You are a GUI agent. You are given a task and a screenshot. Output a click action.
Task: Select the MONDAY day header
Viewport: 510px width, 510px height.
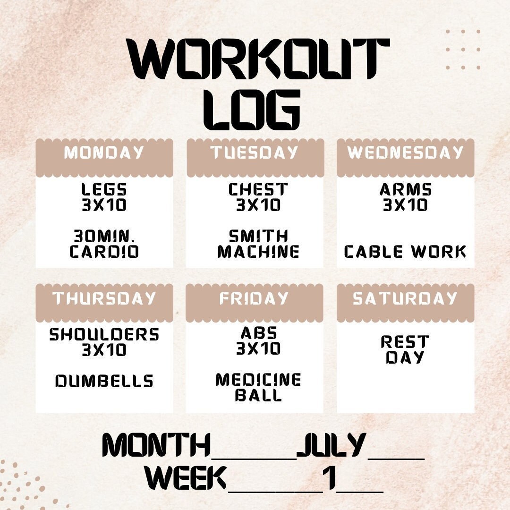(x=104, y=153)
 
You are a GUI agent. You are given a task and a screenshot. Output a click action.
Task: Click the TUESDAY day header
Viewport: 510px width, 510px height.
(x=255, y=153)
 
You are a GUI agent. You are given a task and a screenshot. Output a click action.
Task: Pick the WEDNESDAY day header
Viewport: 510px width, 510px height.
(x=405, y=153)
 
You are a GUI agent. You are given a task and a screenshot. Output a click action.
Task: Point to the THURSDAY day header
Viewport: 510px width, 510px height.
(x=104, y=298)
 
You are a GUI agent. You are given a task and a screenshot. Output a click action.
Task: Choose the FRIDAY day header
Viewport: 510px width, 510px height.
(x=254, y=298)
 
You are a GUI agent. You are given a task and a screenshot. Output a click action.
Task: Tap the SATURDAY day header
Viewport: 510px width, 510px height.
(x=405, y=298)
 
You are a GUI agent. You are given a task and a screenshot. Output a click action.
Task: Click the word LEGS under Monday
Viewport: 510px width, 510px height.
(x=104, y=190)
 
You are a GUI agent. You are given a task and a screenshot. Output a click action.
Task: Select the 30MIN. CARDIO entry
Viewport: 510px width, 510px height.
(x=104, y=244)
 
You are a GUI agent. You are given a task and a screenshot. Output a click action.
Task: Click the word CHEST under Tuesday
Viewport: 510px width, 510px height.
(x=258, y=190)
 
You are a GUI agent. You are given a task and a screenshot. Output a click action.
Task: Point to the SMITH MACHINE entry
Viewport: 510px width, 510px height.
(x=258, y=244)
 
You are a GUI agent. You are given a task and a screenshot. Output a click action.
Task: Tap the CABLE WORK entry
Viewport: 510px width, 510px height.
(x=405, y=252)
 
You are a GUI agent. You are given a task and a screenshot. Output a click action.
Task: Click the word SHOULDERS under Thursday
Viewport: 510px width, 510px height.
(x=104, y=335)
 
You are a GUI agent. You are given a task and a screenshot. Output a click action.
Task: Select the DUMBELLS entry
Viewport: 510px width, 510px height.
(x=104, y=381)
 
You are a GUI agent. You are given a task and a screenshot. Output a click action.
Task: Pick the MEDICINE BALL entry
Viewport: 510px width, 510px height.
(x=258, y=387)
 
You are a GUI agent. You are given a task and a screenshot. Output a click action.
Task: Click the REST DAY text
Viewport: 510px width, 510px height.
(x=405, y=349)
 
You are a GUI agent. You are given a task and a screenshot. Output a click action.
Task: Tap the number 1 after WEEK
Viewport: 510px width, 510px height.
(x=329, y=478)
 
